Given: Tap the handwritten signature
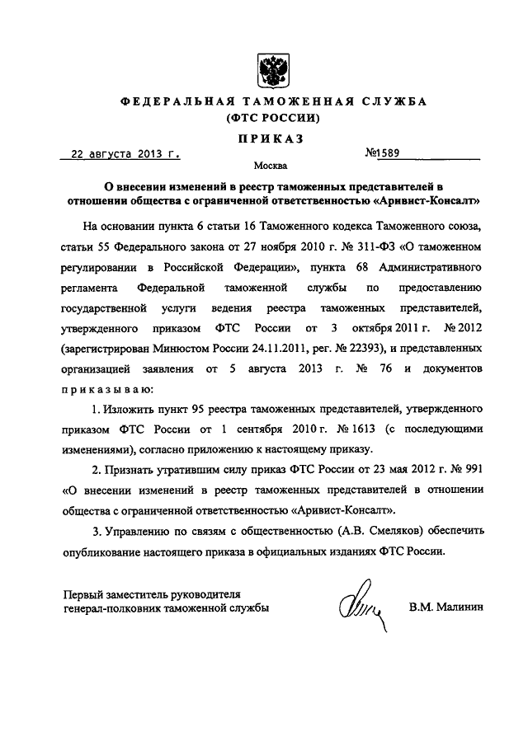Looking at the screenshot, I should (x=361, y=610).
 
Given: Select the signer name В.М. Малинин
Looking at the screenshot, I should (x=447, y=608).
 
